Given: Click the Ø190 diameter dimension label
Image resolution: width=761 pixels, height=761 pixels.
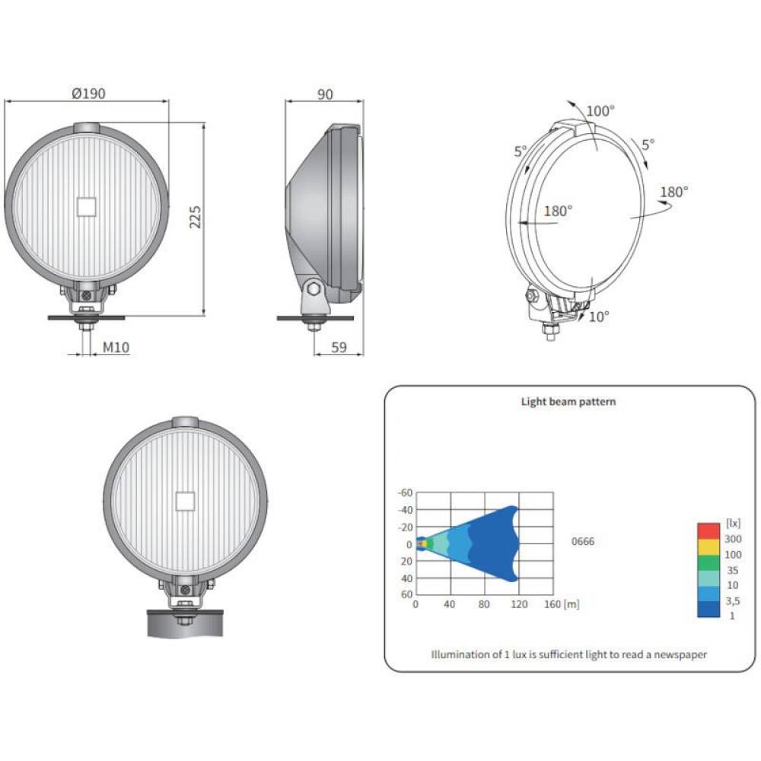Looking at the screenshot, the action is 88,93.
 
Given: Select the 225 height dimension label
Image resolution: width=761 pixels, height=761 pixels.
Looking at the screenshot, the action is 195,217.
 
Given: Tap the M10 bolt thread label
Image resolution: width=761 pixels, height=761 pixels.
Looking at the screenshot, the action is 116,347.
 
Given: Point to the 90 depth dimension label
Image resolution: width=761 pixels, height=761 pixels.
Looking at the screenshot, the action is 325,94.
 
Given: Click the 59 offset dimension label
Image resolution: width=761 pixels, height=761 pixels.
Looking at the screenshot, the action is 339,347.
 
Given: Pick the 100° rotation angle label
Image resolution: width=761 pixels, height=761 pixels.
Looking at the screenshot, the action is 600,110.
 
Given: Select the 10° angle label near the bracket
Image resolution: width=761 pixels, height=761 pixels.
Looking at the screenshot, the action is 599,317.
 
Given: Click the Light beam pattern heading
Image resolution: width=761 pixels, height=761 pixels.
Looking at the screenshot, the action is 568,401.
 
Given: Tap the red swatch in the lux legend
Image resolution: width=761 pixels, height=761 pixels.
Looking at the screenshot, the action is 708,530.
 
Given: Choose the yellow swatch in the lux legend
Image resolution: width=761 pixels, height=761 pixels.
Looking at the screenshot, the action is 708,546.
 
